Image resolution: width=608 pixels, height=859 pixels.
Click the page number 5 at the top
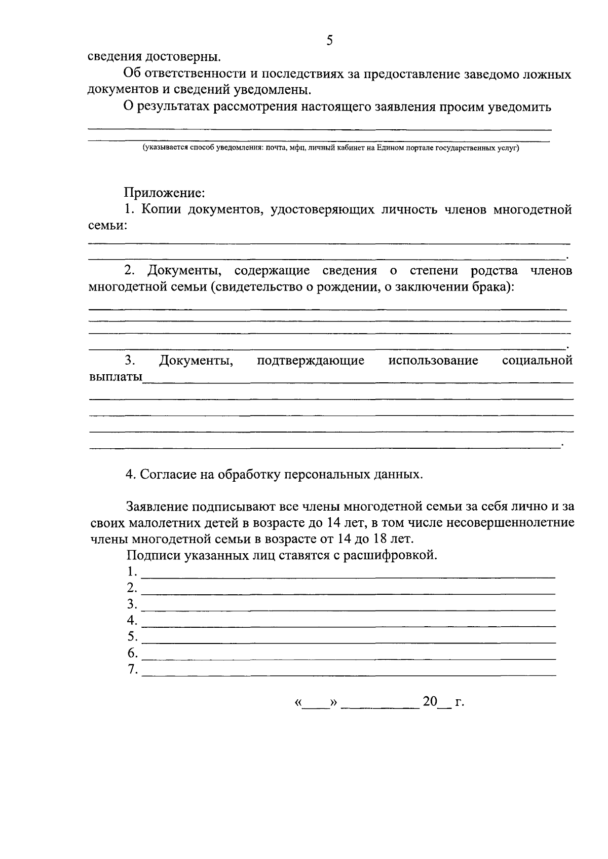point(329,41)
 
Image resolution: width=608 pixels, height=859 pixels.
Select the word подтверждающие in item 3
point(311,361)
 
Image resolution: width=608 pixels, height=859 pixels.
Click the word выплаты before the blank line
point(116,377)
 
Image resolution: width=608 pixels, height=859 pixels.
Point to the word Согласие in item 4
point(164,475)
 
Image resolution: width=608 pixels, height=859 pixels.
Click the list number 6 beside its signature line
point(132,653)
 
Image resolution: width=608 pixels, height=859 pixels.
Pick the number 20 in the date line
point(430,701)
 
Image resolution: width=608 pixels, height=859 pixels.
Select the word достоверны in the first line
point(183,56)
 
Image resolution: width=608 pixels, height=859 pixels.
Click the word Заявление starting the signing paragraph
point(157,506)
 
